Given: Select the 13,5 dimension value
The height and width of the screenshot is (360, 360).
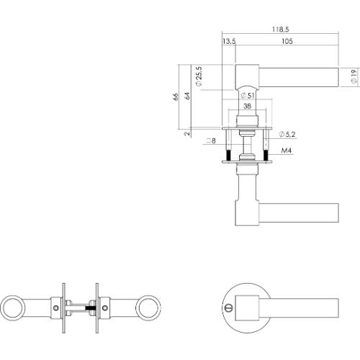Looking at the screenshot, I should (230, 42).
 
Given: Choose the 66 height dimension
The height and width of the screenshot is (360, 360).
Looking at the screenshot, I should (175, 99).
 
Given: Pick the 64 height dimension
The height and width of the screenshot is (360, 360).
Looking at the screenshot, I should (186, 99).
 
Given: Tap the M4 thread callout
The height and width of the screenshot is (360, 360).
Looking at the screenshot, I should (287, 151).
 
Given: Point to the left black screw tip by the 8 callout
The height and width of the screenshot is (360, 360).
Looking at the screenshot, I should (228, 156).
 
